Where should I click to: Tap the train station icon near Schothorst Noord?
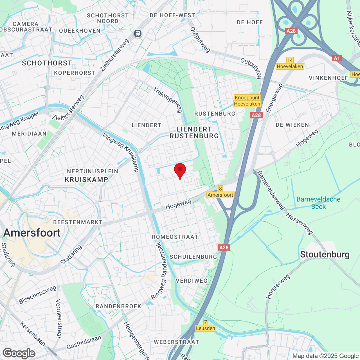pos(138,33)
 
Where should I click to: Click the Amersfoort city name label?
pos(32,233)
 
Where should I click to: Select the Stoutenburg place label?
pos(325,255)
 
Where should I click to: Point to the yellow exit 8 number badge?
pos(220,189)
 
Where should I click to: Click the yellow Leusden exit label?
pos(206,328)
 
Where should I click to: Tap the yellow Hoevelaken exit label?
pos(290,66)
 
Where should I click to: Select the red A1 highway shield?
pos(337,58)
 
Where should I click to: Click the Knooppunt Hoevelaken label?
pos(247,101)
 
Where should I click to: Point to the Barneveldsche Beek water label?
pos(318,203)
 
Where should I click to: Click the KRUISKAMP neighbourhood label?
pos(86,179)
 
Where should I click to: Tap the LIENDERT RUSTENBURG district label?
pos(194,132)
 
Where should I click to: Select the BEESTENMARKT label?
pos(78,222)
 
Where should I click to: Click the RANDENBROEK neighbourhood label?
pos(118,306)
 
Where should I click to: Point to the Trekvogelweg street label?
pos(168,100)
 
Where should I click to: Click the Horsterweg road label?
pos(278,287)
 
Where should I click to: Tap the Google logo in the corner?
pos(19,353)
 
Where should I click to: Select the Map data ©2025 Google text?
pos(325,356)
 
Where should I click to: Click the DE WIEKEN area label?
pos(292,125)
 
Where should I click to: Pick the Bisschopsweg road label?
pos(37,295)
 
